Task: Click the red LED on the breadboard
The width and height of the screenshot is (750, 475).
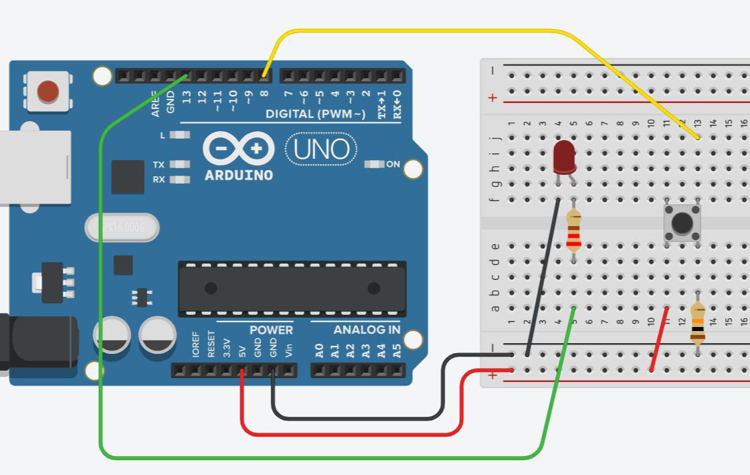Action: click(564, 157)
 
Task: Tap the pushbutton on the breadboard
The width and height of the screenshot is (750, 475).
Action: click(682, 223)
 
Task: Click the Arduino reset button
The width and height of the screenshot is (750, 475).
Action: click(48, 91)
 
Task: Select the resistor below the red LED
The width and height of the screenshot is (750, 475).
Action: click(574, 230)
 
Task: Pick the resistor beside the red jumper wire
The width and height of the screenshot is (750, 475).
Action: click(697, 323)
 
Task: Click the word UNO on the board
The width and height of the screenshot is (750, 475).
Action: click(321, 149)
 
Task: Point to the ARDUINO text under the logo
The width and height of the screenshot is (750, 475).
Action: click(238, 176)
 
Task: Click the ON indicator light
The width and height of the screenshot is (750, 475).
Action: click(374, 164)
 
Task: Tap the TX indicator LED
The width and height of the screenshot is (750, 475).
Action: click(179, 164)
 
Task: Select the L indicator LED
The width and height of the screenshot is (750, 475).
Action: click(179, 135)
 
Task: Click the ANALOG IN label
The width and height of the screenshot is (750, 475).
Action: click(366, 330)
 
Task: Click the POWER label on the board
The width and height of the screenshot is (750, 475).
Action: click(271, 330)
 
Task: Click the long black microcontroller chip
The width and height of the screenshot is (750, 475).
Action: click(292, 289)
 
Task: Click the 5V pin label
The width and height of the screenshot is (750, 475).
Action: click(242, 350)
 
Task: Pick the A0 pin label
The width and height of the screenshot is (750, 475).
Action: click(320, 350)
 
